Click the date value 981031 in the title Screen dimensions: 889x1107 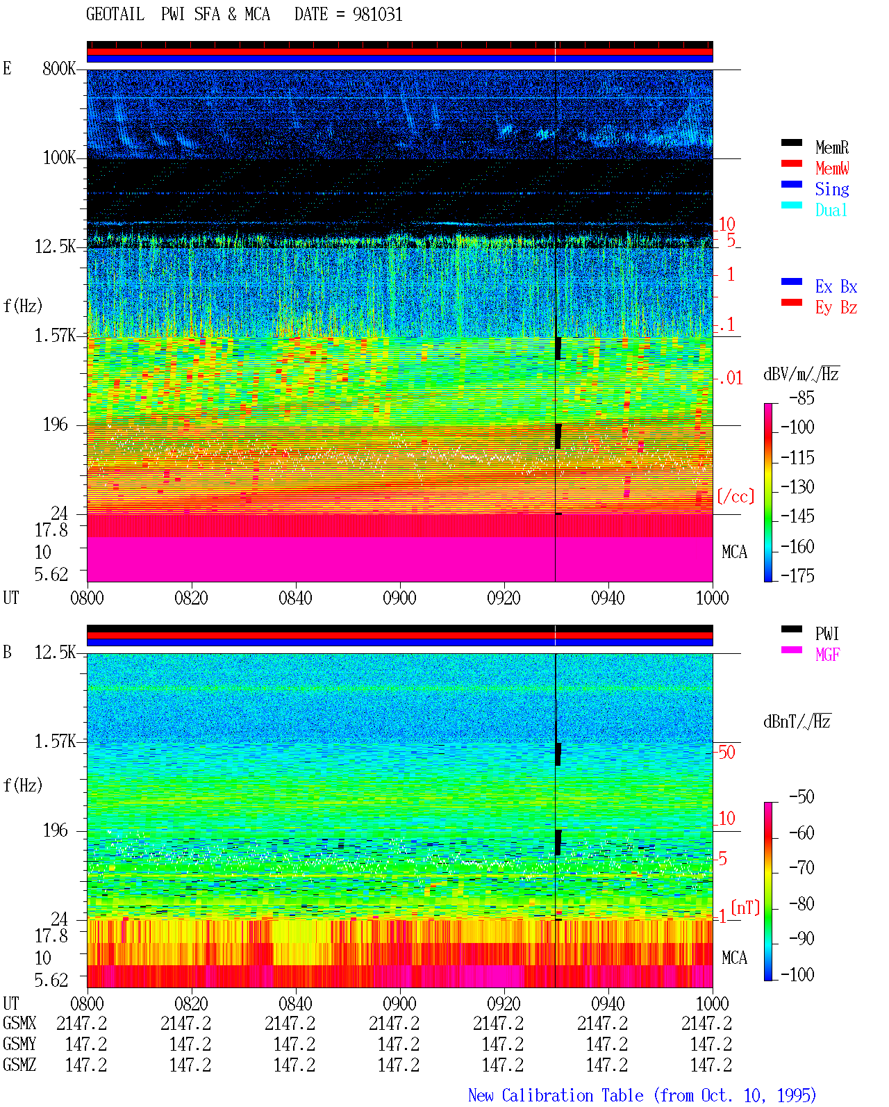(377, 15)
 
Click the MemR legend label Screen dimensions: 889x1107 (831, 147)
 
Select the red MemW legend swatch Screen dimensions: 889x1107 (791, 163)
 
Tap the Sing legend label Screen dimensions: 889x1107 (831, 189)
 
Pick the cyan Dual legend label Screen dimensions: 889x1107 (831, 210)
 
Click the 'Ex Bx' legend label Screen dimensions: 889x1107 (836, 286)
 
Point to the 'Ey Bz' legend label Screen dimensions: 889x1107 (836, 308)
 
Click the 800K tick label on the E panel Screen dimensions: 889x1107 (59, 68)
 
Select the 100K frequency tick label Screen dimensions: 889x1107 (59, 158)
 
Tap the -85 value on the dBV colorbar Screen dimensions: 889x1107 (801, 397)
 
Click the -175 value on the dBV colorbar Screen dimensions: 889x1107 (797, 575)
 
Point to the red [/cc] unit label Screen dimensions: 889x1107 (736, 496)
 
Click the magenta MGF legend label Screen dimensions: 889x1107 (827, 655)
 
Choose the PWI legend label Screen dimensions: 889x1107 (826, 634)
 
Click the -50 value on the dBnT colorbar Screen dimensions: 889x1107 (801, 797)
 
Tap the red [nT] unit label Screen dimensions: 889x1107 (745, 907)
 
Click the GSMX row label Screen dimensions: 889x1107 (19, 1023)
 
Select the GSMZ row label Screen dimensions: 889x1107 (19, 1065)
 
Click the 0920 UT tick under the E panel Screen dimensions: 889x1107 (504, 598)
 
